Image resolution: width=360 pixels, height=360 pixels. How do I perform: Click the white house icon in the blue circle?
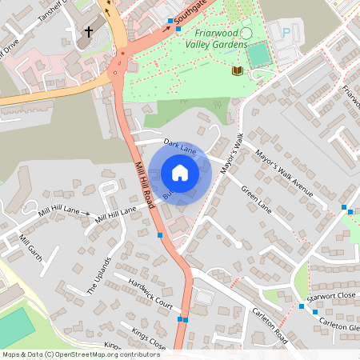click(x=180, y=173)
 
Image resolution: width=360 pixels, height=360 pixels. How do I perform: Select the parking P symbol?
click(x=286, y=33)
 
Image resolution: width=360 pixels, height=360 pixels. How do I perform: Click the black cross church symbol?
click(x=90, y=33)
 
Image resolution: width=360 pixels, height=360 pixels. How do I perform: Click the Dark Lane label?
click(x=180, y=146)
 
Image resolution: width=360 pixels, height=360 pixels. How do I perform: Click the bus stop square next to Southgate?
click(x=170, y=22)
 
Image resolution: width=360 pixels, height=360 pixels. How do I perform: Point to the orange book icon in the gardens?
click(x=236, y=70)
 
